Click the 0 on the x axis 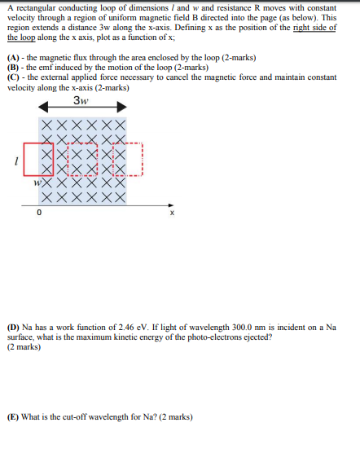point(38,213)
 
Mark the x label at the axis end point(171,213)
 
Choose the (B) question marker point(13,66)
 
